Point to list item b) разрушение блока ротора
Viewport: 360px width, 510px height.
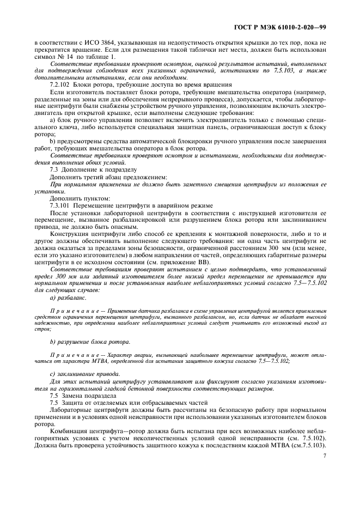pyautogui.click(x=90, y=342)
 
